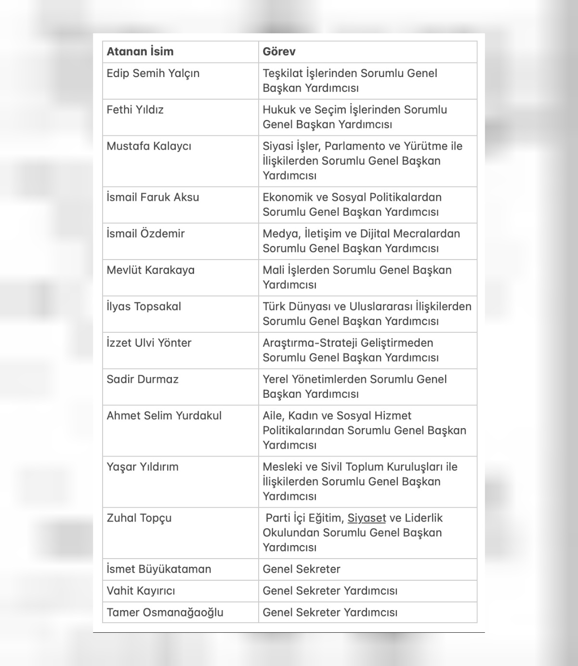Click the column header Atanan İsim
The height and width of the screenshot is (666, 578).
click(x=140, y=52)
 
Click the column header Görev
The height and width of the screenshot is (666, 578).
click(x=279, y=52)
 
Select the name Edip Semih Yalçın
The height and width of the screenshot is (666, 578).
click(x=153, y=73)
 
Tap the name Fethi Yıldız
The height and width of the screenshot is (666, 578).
click(x=135, y=110)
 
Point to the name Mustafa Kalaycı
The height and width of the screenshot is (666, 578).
click(x=149, y=146)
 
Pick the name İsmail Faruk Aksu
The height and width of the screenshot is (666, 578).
click(x=153, y=197)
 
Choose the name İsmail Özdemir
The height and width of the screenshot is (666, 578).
click(x=145, y=234)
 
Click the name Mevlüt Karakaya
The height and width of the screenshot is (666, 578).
click(x=150, y=270)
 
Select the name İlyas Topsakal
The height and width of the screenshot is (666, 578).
click(x=144, y=306)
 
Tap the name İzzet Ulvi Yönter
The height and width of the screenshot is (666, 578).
click(x=149, y=343)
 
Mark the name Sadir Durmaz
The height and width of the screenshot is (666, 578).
click(x=143, y=379)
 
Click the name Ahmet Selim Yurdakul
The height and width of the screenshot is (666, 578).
click(x=164, y=416)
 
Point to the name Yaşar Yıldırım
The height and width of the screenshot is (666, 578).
click(x=143, y=467)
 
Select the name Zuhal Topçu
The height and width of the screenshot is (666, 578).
click(x=139, y=518)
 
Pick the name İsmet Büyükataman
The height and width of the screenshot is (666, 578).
click(x=158, y=569)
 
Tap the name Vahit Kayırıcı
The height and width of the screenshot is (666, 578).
click(x=141, y=590)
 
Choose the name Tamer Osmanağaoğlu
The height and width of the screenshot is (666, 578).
click(x=165, y=613)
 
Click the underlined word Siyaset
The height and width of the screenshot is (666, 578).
click(x=367, y=518)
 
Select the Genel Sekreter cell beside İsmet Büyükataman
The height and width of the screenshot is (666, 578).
click(x=302, y=569)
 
